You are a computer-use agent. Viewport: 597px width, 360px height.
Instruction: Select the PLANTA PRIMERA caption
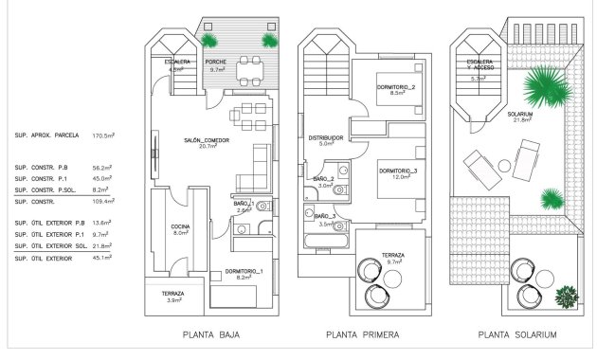[361, 334]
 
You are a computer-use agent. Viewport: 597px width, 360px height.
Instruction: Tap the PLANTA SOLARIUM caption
[516, 334]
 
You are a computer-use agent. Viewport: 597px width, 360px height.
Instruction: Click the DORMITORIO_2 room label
[397, 90]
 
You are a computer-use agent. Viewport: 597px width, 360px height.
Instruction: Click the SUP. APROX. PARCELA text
[48, 135]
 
